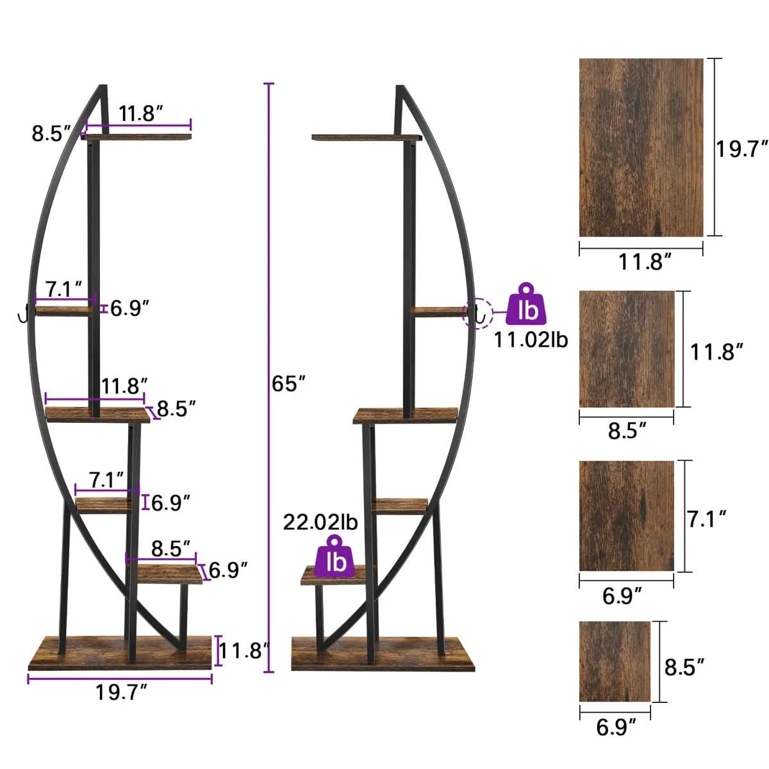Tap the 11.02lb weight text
[x=531, y=340]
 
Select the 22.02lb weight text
[x=320, y=522]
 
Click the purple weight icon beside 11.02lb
[x=528, y=306]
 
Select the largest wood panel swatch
[x=641, y=147]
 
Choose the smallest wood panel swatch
[x=615, y=661]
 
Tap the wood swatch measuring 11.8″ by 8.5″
[x=627, y=349]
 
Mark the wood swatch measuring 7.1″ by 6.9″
[x=626, y=515]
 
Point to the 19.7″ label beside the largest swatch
[x=741, y=149]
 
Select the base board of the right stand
[x=383, y=654]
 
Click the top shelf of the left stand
[x=138, y=136]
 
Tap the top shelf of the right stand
[x=365, y=137]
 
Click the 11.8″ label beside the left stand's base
[x=242, y=652]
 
